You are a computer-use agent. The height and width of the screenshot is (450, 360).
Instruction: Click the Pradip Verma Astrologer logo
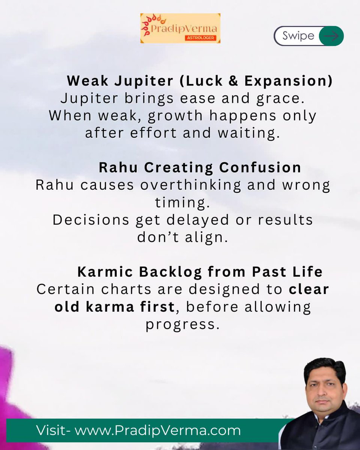(180, 28)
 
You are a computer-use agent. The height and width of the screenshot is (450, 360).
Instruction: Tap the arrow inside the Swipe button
(331, 36)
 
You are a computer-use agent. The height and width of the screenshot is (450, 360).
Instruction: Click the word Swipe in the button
(298, 36)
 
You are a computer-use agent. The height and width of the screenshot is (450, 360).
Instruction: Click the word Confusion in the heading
(260, 168)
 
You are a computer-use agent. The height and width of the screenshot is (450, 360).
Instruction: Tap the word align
(207, 237)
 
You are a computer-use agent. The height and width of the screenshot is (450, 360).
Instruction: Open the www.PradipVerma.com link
(157, 430)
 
